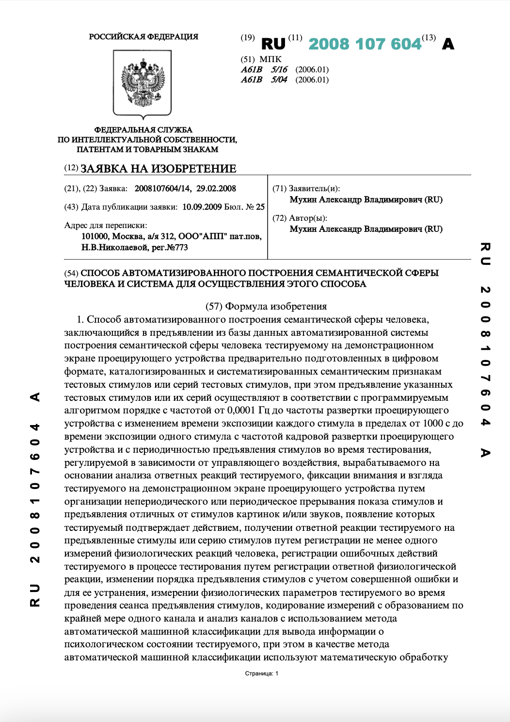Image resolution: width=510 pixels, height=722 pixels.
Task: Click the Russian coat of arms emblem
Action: (143, 83)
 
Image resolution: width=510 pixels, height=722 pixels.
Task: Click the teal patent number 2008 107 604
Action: (365, 44)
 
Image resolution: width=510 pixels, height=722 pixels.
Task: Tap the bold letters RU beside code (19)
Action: (273, 44)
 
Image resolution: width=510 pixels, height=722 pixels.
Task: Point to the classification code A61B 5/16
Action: (264, 69)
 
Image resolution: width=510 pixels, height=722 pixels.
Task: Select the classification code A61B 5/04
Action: (264, 80)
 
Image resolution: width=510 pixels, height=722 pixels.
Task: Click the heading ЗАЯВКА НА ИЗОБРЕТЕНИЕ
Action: (158, 168)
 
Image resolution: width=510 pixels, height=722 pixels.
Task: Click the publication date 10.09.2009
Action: (202, 207)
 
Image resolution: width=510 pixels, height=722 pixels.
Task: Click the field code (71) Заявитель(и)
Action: (306, 188)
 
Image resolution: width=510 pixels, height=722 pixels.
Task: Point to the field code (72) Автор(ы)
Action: (300, 218)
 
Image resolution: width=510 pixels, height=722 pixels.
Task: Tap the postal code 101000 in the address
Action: (95, 236)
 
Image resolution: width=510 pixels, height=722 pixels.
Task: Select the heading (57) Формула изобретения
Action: (266, 306)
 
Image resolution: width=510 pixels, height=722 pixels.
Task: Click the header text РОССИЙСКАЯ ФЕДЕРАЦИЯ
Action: (143, 36)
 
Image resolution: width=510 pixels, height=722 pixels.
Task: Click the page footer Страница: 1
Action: (261, 673)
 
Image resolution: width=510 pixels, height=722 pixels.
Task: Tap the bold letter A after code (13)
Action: (448, 44)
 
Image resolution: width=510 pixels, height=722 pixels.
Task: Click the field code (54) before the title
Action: (71, 273)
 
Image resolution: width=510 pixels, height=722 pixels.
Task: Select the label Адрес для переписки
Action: (106, 225)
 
